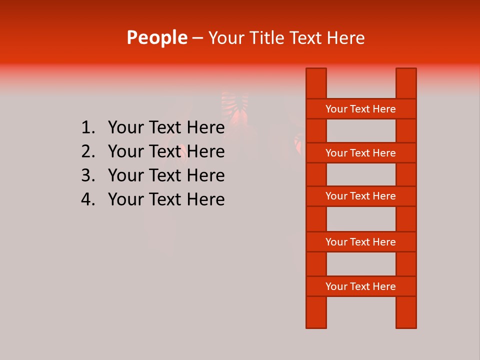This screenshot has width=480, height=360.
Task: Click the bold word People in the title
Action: [x=157, y=37]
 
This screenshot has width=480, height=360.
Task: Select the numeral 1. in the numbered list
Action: [x=87, y=128]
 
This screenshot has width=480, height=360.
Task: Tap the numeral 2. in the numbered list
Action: [x=87, y=151]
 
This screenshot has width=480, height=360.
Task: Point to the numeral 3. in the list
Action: [x=87, y=175]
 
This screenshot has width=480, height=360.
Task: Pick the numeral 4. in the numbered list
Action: [x=87, y=199]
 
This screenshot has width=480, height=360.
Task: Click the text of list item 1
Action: [x=166, y=128]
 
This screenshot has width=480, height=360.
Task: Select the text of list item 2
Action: [x=166, y=151]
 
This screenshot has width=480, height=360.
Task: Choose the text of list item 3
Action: [x=166, y=175]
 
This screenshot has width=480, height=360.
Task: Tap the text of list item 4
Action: [x=166, y=199]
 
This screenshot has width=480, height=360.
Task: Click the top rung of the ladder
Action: [x=360, y=109]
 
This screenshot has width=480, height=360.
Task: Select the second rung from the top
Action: [x=360, y=153]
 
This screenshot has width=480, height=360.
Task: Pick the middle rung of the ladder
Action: [x=360, y=196]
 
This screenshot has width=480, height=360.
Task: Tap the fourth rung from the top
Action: [x=360, y=242]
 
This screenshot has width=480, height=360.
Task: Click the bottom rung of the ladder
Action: [x=360, y=286]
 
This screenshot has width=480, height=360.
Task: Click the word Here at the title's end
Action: [x=346, y=37]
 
